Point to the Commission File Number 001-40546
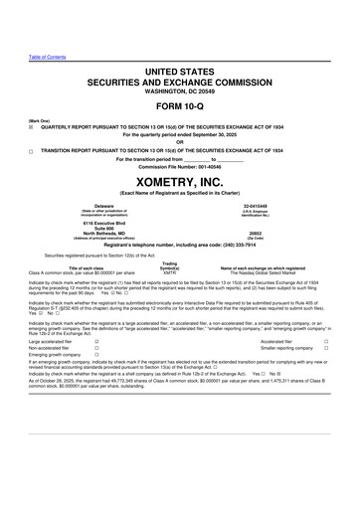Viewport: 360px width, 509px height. click(179, 164)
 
